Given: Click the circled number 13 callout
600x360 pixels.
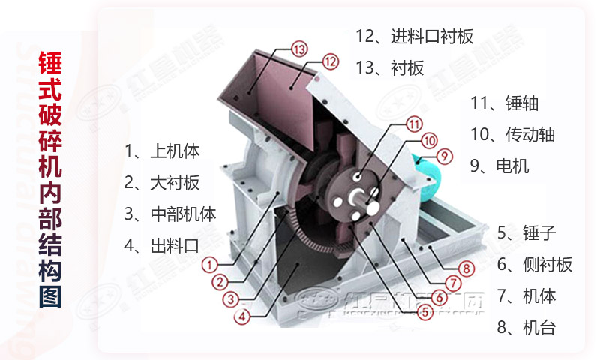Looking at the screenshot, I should [x=299, y=49].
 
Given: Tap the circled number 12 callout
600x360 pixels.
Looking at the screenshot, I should [x=331, y=61].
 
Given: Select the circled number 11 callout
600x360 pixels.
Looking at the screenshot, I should [x=414, y=124].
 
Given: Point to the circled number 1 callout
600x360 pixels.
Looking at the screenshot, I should [x=210, y=264].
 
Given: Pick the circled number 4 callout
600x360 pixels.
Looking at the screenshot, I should [x=241, y=316].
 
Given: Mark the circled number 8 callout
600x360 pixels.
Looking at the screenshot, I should [x=466, y=268].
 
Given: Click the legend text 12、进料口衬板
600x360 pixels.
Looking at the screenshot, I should [x=414, y=36].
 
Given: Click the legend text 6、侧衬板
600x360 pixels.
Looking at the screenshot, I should [x=535, y=263].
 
